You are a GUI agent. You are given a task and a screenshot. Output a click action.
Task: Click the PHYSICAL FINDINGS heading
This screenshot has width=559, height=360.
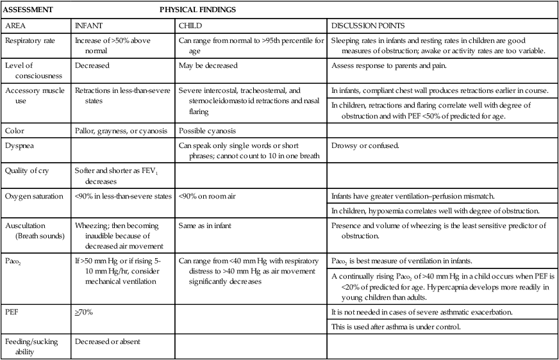click(197, 10)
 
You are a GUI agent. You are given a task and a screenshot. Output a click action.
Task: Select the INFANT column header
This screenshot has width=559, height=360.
click(88, 26)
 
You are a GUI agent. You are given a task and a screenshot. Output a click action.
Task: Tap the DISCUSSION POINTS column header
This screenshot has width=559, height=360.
click(368, 26)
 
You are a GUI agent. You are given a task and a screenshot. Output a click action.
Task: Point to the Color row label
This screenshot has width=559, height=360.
click(15, 131)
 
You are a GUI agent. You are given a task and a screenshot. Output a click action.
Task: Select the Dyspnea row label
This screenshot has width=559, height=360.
click(19, 145)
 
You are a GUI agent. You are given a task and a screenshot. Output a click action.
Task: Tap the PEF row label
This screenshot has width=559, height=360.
click(12, 313)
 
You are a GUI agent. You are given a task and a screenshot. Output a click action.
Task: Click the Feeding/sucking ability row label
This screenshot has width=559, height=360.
click(32, 346)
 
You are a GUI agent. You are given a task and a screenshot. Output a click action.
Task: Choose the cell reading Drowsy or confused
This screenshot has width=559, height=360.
click(365, 145)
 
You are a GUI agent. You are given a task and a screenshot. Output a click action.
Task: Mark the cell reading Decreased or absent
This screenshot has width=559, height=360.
click(108, 341)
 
